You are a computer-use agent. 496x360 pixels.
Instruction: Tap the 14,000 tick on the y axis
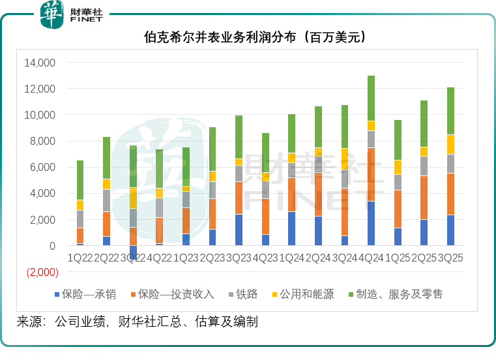tap(40, 63)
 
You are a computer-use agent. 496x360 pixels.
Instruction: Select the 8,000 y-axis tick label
tap(43, 141)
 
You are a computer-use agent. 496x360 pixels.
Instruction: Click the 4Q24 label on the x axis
tap(370, 258)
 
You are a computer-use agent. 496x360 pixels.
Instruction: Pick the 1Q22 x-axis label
tap(80, 258)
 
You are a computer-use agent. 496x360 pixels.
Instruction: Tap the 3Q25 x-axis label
tap(450, 258)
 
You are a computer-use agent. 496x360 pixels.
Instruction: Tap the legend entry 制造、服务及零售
tap(398, 294)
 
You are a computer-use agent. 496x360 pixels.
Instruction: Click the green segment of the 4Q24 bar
tap(371, 98)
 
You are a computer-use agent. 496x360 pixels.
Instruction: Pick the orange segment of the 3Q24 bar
tap(344, 212)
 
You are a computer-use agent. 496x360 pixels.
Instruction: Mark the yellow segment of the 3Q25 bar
tap(450, 144)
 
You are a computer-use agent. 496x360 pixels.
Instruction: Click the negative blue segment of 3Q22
tap(133, 252)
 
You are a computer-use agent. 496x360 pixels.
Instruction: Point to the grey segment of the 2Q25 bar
tap(424, 166)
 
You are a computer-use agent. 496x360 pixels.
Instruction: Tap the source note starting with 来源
tap(137, 322)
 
